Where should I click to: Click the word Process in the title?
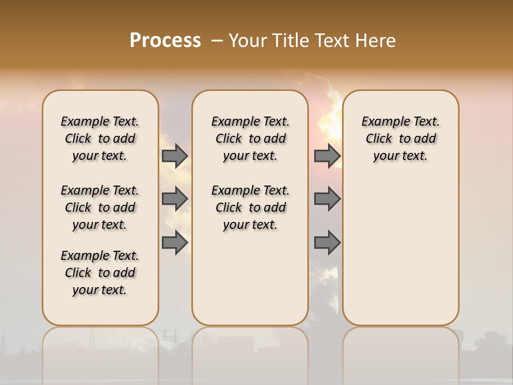tap(165, 41)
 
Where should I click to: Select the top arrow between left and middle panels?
tap(175, 156)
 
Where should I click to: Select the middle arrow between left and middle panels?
tap(175, 199)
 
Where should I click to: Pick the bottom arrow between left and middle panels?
tap(175, 243)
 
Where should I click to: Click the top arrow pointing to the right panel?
tap(327, 156)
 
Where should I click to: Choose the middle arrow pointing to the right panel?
tap(327, 199)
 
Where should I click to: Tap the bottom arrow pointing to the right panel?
tap(327, 243)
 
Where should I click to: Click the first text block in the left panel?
tap(100, 138)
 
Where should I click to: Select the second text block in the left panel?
tap(100, 207)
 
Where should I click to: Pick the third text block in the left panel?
tap(100, 273)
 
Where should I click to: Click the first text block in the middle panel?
tap(250, 138)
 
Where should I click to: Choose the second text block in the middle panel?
tap(250, 207)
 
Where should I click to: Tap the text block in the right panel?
tap(400, 138)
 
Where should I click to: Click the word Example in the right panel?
tap(382, 122)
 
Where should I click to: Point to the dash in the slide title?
tap(216, 41)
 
